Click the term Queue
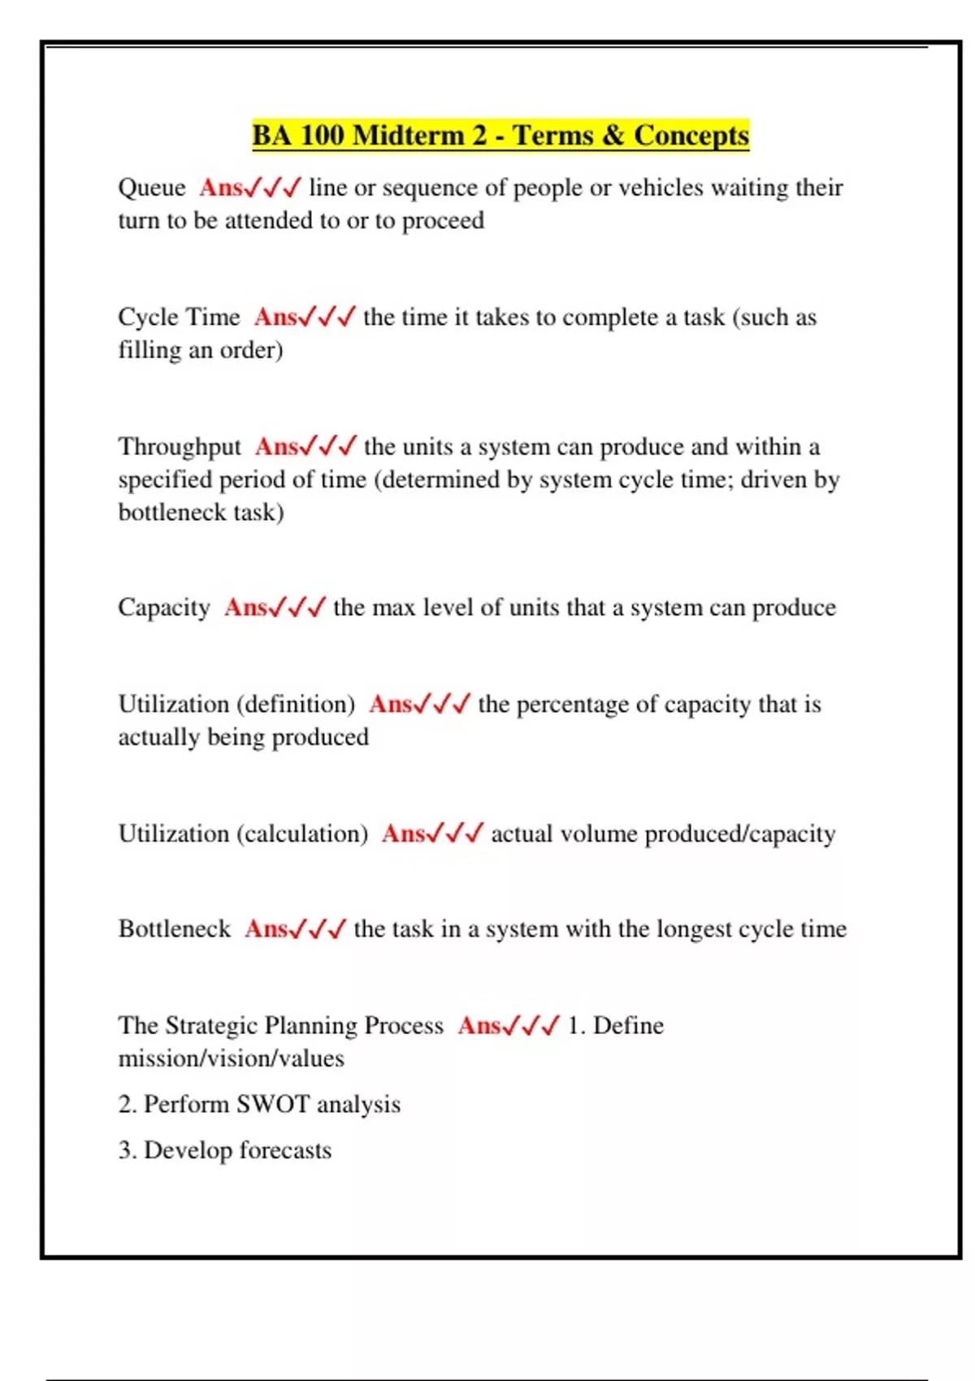click(152, 188)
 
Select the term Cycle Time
click(179, 317)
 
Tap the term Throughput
click(180, 447)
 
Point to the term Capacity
click(164, 608)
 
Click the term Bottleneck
click(175, 929)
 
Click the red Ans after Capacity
click(245, 608)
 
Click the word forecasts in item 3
click(285, 1150)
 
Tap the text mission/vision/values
click(231, 1058)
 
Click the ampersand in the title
click(613, 135)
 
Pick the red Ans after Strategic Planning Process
click(479, 1025)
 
